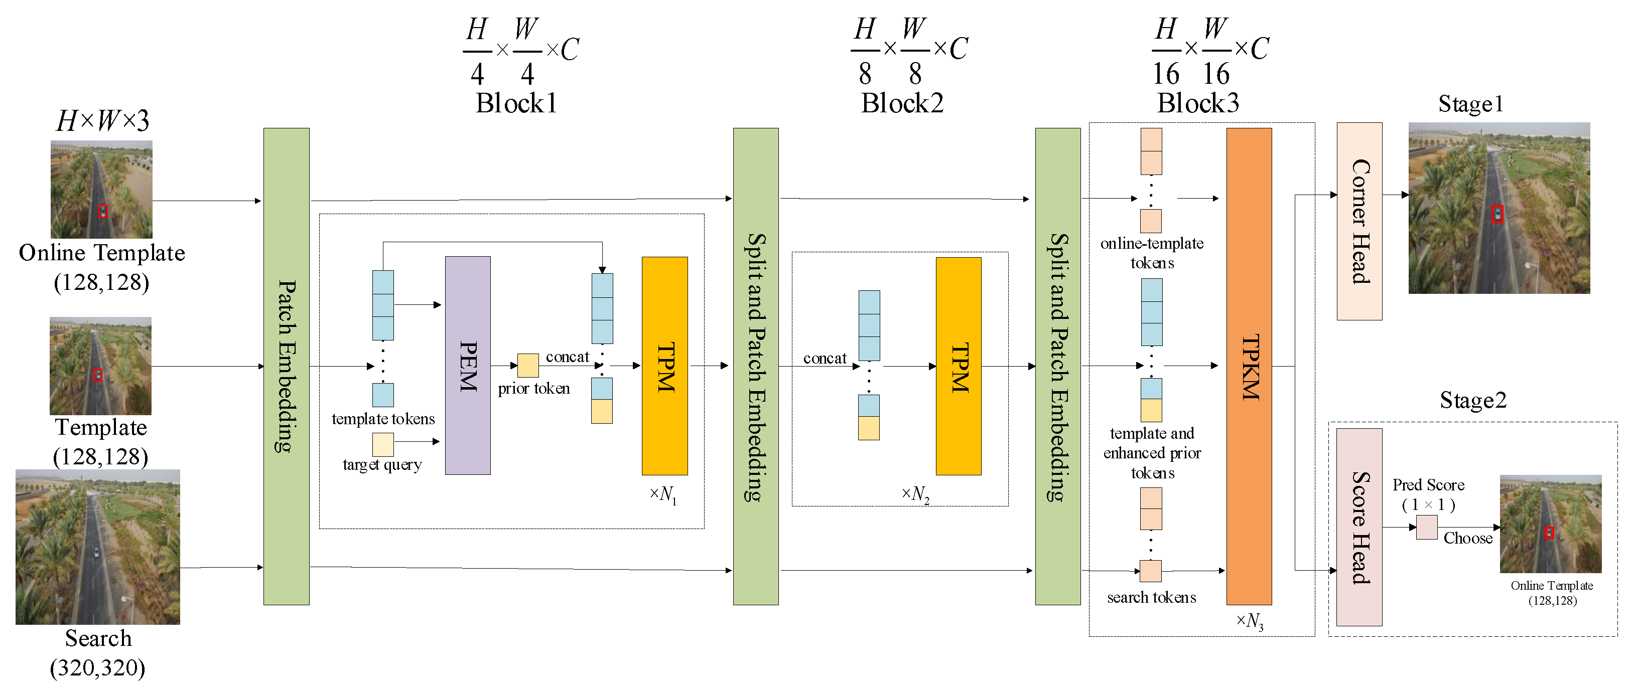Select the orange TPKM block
point(1249,366)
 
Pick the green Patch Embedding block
point(286,366)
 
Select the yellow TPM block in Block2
point(958,366)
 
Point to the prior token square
point(528,365)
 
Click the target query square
point(382,444)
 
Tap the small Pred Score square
point(1427,527)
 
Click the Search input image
point(98,546)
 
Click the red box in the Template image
point(98,375)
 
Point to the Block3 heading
point(1197,103)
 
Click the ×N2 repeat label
point(915,494)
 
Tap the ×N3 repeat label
point(1249,621)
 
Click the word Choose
point(1467,538)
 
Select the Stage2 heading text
point(1472,400)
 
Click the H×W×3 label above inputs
point(102,120)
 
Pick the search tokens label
point(1151,597)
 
